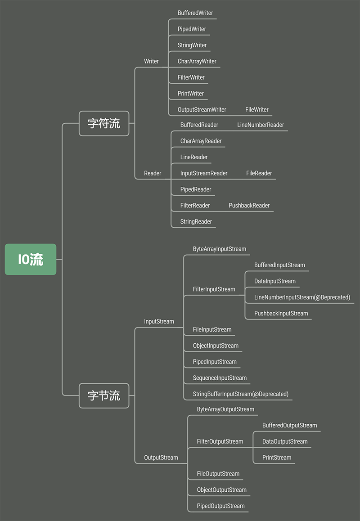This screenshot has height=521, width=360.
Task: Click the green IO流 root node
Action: click(x=31, y=259)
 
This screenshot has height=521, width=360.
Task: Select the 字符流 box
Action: click(x=104, y=123)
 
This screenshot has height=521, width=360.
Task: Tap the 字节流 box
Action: click(x=104, y=395)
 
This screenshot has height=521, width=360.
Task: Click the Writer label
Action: click(x=151, y=61)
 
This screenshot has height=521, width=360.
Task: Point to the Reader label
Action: click(x=153, y=173)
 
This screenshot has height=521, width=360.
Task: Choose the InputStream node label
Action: click(x=159, y=321)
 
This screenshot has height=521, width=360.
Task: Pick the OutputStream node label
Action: click(x=161, y=458)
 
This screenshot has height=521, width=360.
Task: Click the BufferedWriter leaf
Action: click(x=195, y=13)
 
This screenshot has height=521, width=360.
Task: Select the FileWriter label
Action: click(x=257, y=110)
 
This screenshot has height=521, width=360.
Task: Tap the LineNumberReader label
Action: click(x=261, y=125)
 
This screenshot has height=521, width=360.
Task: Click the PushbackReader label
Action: click(x=249, y=205)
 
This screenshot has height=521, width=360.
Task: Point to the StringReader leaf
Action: click(x=196, y=222)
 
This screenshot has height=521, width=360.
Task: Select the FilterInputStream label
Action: click(x=214, y=289)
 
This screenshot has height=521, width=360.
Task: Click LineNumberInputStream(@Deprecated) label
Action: click(x=302, y=297)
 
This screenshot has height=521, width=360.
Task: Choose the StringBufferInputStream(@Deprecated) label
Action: click(x=241, y=394)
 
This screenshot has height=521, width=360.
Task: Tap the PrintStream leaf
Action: click(x=277, y=458)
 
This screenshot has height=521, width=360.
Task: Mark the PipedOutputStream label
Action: click(x=220, y=506)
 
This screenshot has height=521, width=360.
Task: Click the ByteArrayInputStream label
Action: click(x=220, y=249)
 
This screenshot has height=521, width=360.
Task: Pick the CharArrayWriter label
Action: click(x=197, y=61)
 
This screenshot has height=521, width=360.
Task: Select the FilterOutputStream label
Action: click(x=220, y=441)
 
